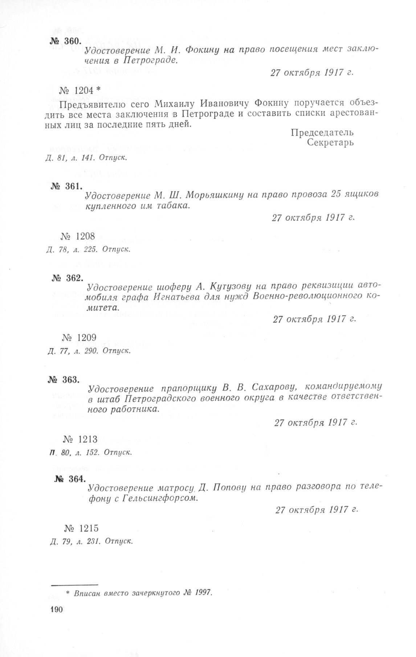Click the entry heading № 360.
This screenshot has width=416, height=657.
(64, 41)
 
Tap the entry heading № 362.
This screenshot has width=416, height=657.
(68, 279)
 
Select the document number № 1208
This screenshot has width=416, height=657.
(78, 236)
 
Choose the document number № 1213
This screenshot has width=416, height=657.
(80, 440)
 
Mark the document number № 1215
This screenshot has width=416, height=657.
(81, 528)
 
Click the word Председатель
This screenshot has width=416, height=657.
(322, 132)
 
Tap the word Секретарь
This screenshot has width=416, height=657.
(330, 143)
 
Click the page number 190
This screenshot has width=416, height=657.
(57, 610)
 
